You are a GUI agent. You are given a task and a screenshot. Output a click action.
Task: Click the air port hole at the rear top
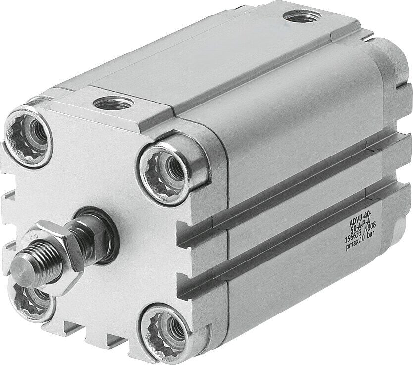[x=301, y=17]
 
